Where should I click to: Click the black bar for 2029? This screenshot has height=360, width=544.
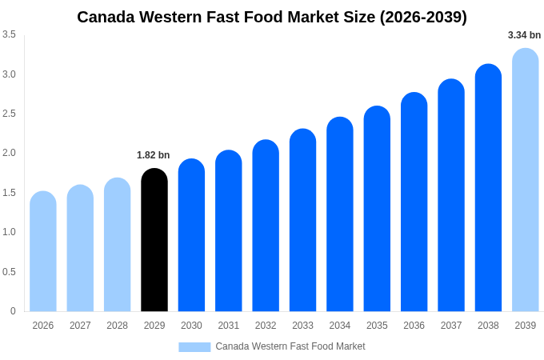(x=154, y=240)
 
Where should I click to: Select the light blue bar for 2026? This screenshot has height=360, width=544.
(x=43, y=252)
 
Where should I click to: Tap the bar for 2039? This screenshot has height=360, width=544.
(x=525, y=180)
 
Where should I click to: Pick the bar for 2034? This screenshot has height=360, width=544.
(x=340, y=214)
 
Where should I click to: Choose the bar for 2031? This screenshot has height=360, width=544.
(x=229, y=231)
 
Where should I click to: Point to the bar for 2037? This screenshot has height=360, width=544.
(x=451, y=195)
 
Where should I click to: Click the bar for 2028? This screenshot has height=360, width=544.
(x=118, y=245)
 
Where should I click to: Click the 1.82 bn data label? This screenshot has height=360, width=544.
(x=154, y=155)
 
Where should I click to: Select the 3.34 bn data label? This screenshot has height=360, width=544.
(x=524, y=35)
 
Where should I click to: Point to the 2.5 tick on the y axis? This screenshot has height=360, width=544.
(x=9, y=114)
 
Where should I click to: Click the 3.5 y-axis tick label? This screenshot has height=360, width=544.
(x=9, y=34)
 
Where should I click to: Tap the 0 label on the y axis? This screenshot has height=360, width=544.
(x=13, y=311)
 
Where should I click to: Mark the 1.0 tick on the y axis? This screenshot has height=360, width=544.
(x=9, y=232)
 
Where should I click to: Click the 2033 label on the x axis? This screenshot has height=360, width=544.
(x=302, y=326)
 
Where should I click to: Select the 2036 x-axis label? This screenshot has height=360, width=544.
(x=414, y=326)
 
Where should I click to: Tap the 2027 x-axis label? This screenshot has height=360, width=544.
(x=80, y=326)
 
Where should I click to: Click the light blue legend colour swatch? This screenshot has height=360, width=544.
(x=194, y=347)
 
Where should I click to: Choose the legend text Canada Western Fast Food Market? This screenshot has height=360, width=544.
(x=290, y=346)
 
